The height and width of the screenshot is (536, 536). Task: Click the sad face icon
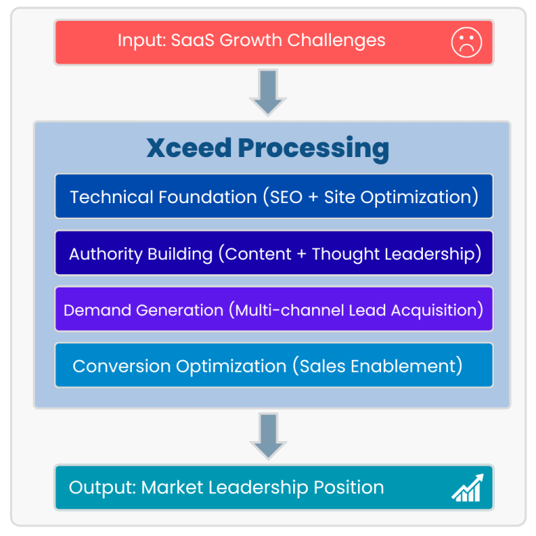[466, 42]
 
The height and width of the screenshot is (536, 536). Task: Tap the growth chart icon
[466, 488]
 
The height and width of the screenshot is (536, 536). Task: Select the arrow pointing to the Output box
[267, 437]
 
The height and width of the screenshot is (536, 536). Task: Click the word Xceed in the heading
[188, 148]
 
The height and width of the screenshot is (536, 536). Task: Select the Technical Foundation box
[274, 197]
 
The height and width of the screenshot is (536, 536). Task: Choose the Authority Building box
[274, 253]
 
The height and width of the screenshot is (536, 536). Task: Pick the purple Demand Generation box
[274, 309]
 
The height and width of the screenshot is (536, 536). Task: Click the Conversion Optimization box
[274, 366]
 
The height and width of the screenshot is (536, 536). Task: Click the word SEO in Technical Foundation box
[286, 197]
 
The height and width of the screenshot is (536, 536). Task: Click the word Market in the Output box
[169, 487]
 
